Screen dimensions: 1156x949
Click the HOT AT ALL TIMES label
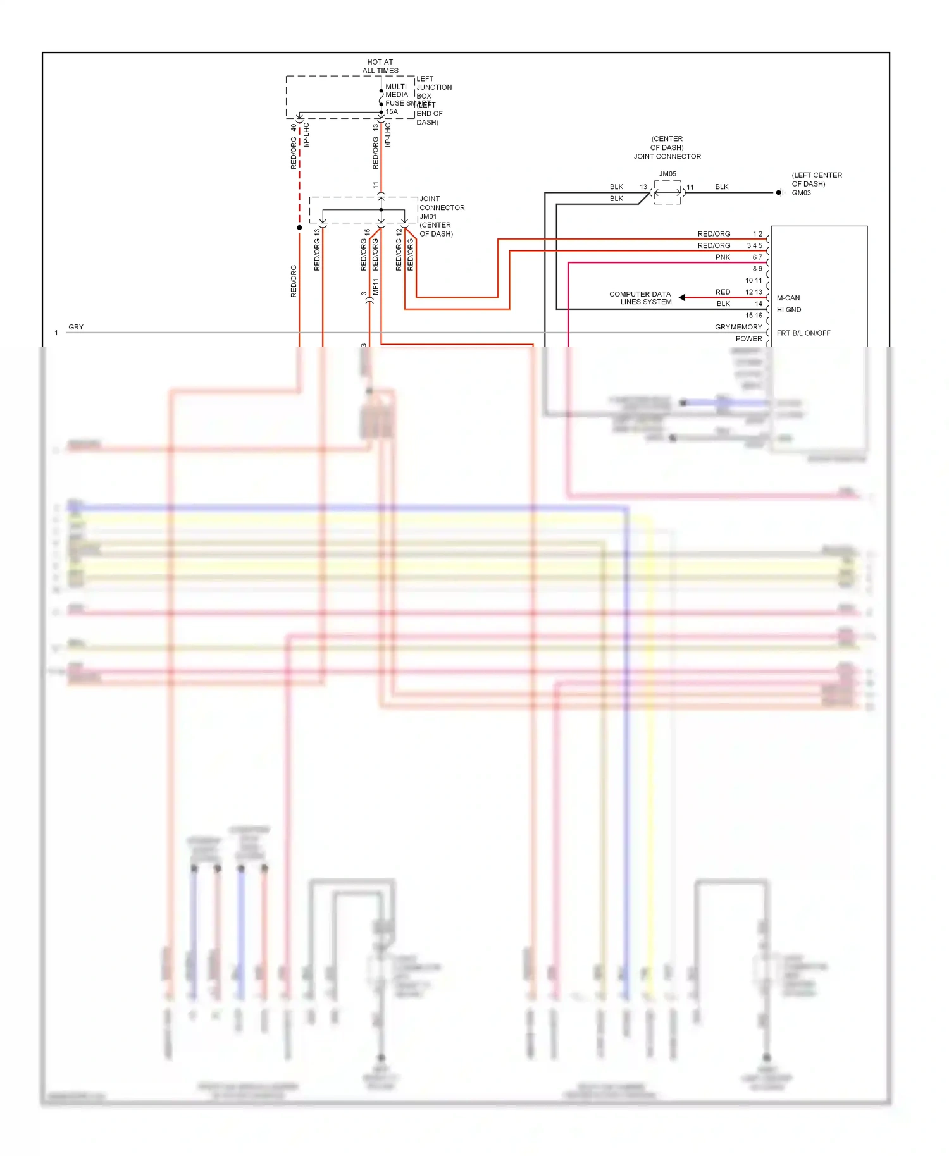pyautogui.click(x=380, y=66)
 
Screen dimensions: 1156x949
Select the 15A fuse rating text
pyautogui.click(x=392, y=112)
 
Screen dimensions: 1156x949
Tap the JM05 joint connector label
pyautogui.click(x=667, y=174)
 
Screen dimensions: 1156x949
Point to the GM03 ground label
pyautogui.click(x=801, y=193)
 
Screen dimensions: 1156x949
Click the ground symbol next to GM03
pyautogui.click(x=780, y=193)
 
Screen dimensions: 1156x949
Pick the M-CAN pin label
pyautogui.click(x=788, y=298)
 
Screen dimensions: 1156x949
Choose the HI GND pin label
pyautogui.click(x=788, y=310)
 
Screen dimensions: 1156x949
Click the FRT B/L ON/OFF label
pyautogui.click(x=803, y=333)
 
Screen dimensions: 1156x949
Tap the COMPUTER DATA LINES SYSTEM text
pyautogui.click(x=640, y=298)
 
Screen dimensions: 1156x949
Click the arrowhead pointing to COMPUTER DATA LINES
pyautogui.click(x=682, y=297)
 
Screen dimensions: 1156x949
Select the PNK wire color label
pyautogui.click(x=723, y=257)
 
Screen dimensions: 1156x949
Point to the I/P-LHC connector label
pyautogui.click(x=306, y=135)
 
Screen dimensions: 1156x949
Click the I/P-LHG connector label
pyautogui.click(x=388, y=135)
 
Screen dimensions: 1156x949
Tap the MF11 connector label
pyautogui.click(x=375, y=286)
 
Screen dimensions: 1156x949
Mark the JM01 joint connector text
pyautogui.click(x=428, y=216)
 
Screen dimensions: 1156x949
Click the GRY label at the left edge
pyautogui.click(x=76, y=327)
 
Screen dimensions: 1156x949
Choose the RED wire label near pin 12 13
pyautogui.click(x=723, y=292)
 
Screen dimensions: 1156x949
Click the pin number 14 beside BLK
pyautogui.click(x=758, y=304)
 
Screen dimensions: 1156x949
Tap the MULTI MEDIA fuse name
pyautogui.click(x=397, y=90)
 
